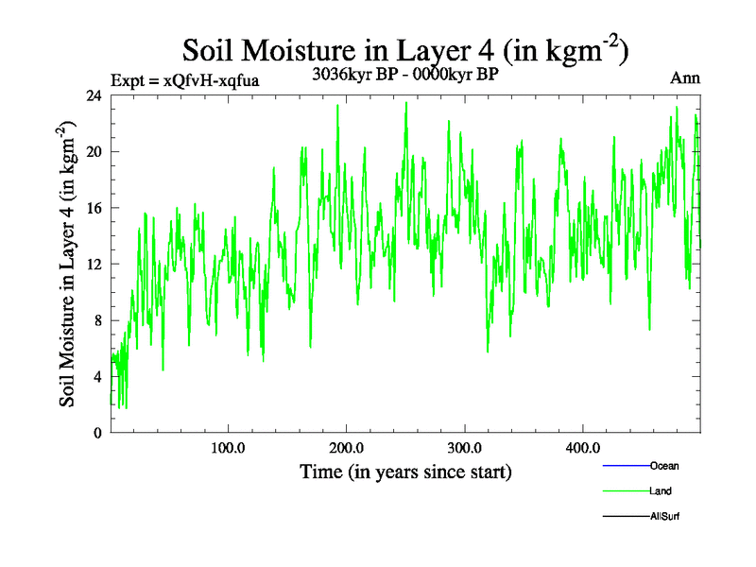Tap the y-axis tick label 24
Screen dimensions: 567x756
click(94, 95)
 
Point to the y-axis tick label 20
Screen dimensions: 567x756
click(94, 152)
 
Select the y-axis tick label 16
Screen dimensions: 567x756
click(94, 208)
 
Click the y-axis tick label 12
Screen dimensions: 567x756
click(94, 265)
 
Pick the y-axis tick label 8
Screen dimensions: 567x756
click(98, 320)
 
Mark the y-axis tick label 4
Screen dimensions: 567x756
click(98, 377)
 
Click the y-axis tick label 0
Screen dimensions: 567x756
click(98, 433)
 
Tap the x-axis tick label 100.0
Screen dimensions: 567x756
click(228, 448)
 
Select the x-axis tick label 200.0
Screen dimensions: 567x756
click(347, 448)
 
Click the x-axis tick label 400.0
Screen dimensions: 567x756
click(582, 448)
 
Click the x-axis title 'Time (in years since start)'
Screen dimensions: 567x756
click(405, 471)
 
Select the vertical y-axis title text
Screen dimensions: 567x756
click(68, 265)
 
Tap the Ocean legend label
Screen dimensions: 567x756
click(664, 466)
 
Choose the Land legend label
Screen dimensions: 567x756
click(661, 491)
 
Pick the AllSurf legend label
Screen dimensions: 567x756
click(665, 517)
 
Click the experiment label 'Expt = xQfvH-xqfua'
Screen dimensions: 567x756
click(185, 80)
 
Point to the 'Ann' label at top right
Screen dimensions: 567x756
click(685, 78)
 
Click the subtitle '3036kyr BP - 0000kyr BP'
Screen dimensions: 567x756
click(405, 75)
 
